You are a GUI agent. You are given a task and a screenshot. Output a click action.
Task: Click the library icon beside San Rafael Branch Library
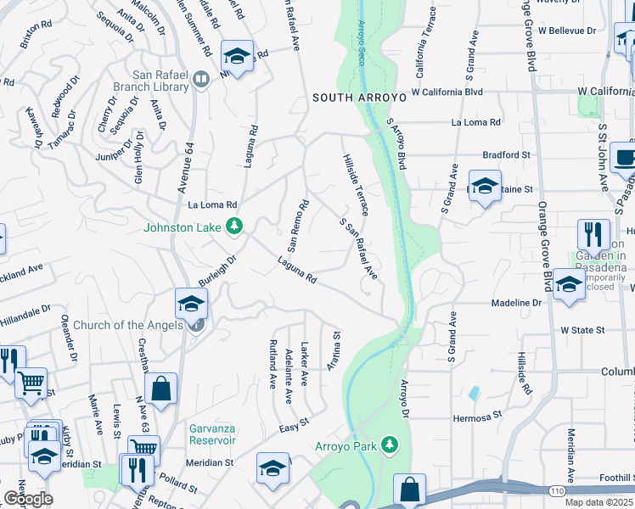pos(201,80)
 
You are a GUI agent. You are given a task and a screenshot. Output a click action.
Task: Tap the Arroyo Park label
pos(347,445)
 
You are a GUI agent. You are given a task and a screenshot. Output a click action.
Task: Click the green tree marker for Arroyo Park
pos(390,445)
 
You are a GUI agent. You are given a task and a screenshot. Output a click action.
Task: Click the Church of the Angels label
pos(128,325)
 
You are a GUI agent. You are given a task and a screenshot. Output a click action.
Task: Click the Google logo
pos(28,499)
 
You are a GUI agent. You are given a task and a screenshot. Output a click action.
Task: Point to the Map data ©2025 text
pos(598,502)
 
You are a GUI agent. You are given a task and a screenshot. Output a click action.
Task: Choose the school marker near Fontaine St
pos(484,185)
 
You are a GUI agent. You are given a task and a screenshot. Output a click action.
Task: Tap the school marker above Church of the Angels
pos(192,303)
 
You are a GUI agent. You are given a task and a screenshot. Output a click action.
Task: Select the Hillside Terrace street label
pos(357,183)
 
